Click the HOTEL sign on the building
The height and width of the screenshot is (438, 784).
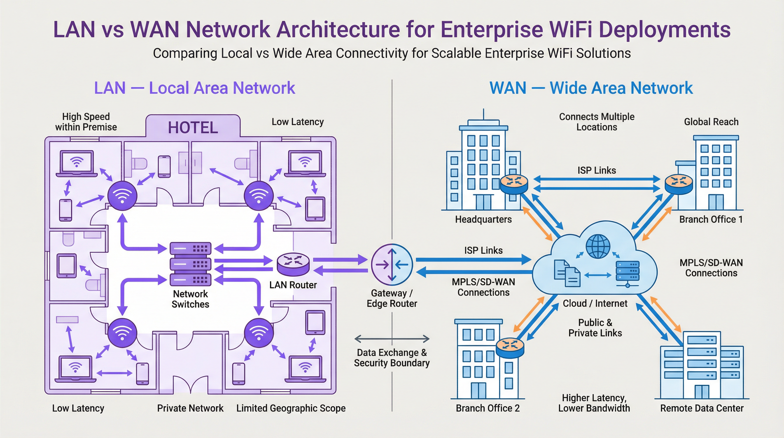193,127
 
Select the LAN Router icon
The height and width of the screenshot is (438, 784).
293,264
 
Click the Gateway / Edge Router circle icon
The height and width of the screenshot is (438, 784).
392,264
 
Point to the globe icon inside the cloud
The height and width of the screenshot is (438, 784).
598,246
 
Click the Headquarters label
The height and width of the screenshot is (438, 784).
483,219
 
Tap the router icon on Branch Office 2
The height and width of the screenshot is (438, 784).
510,348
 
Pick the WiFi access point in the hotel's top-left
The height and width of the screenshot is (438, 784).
122,196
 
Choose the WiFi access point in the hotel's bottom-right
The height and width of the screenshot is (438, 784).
259,332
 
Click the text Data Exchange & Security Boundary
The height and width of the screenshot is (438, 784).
392,358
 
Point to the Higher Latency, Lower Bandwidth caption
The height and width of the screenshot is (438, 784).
594,403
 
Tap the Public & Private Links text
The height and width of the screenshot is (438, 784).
595,328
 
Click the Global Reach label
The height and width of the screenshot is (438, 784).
711,122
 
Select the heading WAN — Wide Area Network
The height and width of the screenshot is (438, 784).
591,88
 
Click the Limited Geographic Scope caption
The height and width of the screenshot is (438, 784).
291,408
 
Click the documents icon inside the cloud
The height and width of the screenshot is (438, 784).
567,273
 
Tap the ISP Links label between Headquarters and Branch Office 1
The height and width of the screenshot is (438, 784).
597,170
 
